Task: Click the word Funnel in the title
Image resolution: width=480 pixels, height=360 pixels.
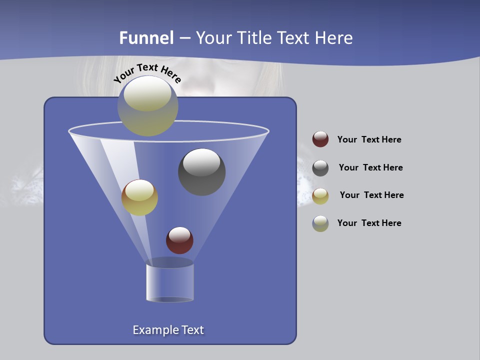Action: pos(146,37)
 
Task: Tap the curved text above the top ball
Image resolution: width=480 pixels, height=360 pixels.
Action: pos(147,72)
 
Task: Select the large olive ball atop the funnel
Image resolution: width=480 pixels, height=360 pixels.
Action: pos(148,106)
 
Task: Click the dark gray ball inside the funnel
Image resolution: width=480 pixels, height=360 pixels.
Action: pos(201,172)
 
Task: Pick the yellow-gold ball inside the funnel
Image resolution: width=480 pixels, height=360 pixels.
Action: pos(139,197)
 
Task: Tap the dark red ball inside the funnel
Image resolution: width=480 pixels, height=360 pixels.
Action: pos(179,240)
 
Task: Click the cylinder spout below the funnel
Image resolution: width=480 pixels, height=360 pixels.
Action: pos(169,282)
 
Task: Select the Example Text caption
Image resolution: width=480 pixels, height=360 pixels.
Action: pos(168,330)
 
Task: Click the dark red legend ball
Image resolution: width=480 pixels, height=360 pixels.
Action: pos(320,139)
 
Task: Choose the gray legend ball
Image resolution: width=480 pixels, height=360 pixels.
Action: pos(320,168)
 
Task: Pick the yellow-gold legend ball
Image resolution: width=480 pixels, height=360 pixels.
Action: pos(320,196)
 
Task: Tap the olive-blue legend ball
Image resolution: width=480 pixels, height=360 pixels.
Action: pos(320,223)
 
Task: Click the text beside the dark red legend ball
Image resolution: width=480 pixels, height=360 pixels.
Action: pos(369,139)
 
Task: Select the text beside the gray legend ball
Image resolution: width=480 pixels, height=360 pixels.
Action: pos(370,167)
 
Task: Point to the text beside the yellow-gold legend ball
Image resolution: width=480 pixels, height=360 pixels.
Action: pos(371,195)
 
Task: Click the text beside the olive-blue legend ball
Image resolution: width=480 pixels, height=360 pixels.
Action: pos(369,223)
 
